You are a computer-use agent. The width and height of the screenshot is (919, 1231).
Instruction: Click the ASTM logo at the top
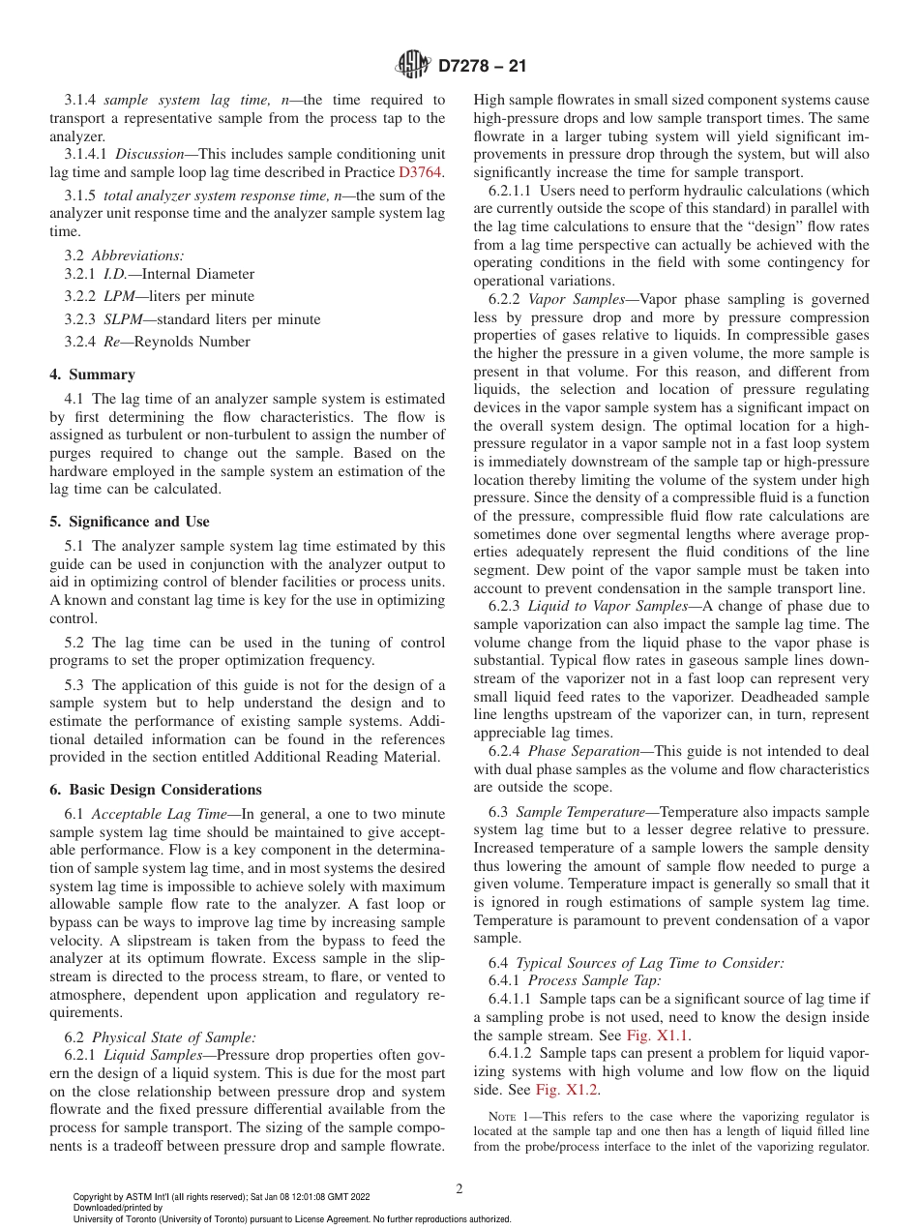414,66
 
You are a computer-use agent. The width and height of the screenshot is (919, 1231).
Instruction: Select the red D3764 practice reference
420,172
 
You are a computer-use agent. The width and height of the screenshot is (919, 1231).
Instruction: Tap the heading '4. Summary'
92,375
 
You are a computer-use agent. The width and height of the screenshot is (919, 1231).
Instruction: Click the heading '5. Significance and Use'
129,522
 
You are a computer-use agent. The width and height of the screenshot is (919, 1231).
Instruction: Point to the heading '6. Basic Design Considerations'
155,790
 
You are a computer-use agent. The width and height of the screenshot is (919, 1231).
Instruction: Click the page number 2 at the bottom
459,1189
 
